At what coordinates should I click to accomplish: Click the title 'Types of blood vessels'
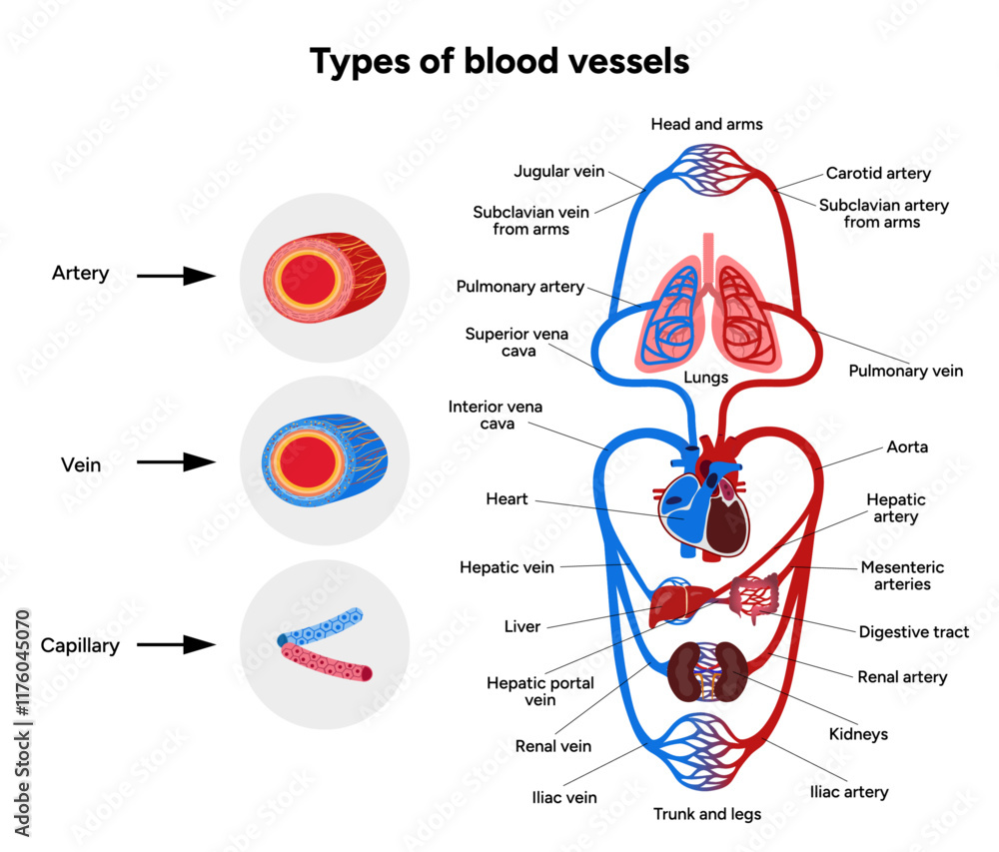point(499,62)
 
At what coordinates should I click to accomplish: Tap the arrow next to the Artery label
point(176,276)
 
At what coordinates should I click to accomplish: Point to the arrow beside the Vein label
point(176,461)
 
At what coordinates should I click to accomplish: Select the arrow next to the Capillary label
point(176,645)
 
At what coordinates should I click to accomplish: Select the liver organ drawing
point(673,605)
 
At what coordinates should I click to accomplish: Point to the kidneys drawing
point(708,670)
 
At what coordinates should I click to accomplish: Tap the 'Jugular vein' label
point(559,171)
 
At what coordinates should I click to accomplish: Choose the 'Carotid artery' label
point(878,174)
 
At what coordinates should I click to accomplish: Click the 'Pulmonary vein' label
point(905,371)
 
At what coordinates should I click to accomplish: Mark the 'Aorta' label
point(907,446)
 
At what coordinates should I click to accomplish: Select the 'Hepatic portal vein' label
point(540,691)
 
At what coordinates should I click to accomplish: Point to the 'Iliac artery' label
point(848,792)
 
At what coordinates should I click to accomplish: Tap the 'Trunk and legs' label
point(707,814)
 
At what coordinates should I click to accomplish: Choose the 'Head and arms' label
point(706,124)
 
